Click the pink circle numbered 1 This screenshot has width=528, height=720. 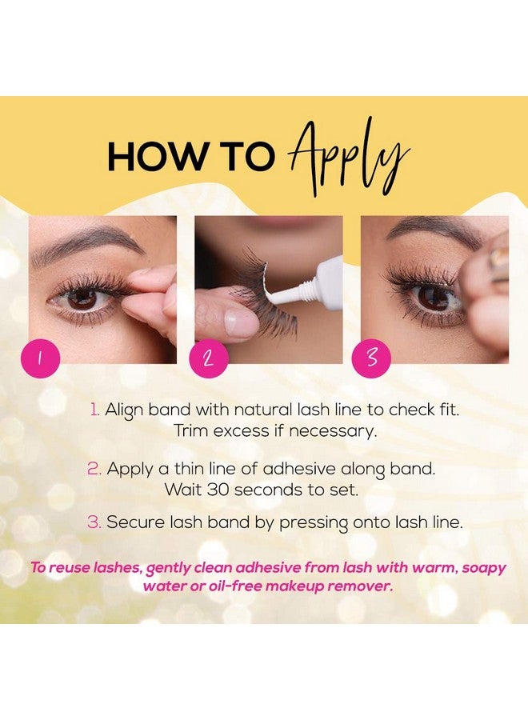(x=41, y=358)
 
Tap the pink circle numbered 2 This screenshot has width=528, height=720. (x=209, y=358)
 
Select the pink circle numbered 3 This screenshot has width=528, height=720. (x=371, y=358)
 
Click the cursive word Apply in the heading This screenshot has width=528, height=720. (x=349, y=157)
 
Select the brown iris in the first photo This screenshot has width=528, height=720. (x=82, y=298)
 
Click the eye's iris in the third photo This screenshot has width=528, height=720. (x=431, y=297)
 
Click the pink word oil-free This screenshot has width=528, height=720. (x=235, y=586)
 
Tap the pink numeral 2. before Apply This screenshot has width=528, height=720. (x=94, y=469)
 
